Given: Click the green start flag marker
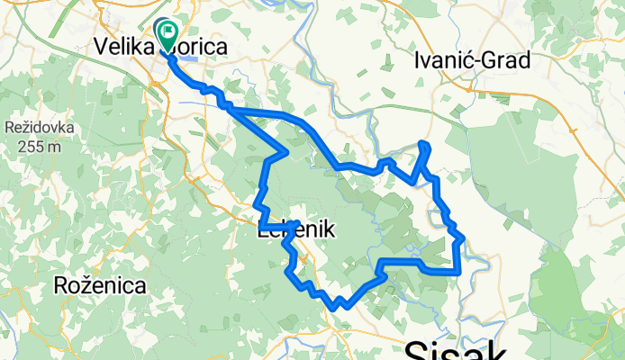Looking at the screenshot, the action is [168, 33].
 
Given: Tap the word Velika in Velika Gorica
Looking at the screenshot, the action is [123, 47].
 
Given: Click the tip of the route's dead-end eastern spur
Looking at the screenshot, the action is [424, 145].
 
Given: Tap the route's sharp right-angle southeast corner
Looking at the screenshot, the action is [459, 270].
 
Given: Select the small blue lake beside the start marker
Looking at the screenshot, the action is [184, 56].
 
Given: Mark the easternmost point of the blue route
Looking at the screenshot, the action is [462, 238].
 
